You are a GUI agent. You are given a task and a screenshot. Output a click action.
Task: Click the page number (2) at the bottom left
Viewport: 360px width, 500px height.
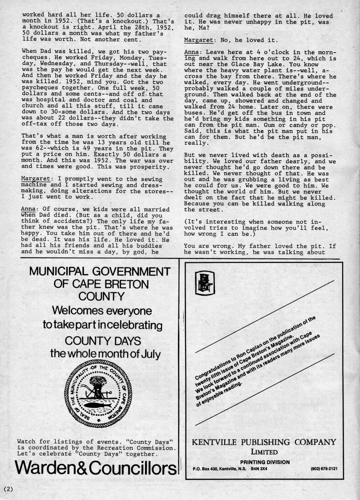[x=9, y=488]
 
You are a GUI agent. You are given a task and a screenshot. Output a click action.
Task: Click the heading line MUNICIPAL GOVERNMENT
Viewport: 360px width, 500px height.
[x=96, y=272]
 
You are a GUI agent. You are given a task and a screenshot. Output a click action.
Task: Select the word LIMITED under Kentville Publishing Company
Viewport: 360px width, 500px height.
[x=264, y=453]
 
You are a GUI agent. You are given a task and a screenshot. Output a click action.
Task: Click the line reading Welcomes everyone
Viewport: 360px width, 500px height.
[x=102, y=310]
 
